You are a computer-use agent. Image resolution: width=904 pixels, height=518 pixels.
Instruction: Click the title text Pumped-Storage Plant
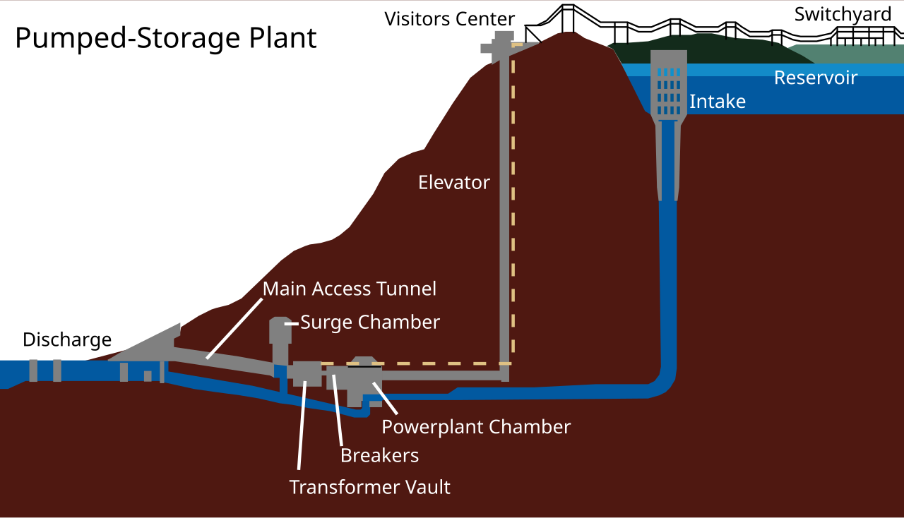tap(165, 38)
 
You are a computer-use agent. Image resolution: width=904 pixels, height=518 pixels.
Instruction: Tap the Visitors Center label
tap(450, 18)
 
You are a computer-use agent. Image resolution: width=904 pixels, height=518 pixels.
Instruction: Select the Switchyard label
tap(843, 14)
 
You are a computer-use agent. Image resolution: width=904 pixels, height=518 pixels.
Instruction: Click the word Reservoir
tap(815, 78)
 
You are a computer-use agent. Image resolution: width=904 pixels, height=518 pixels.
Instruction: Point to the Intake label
tap(717, 102)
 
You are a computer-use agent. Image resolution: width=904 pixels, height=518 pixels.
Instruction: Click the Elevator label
tap(453, 183)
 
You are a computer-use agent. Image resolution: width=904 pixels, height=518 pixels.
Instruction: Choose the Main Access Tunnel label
tap(349, 289)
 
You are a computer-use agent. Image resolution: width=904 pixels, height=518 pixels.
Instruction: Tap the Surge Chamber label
tap(369, 323)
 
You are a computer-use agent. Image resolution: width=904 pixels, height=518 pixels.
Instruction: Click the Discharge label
tap(67, 339)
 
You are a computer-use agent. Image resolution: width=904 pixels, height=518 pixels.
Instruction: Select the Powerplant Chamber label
tap(475, 427)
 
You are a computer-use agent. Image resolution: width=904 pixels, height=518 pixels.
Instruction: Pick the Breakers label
tap(379, 456)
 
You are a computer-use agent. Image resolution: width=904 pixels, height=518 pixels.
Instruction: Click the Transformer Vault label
tap(369, 487)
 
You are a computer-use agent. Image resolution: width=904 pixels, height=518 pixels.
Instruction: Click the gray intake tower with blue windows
tap(667, 85)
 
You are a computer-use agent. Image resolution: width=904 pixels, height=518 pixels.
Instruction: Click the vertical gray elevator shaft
tap(504, 212)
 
